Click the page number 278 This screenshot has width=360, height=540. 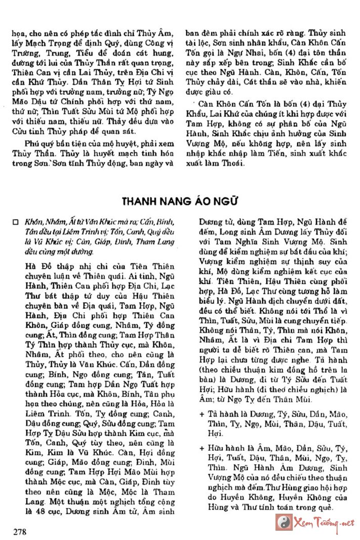click(20, 531)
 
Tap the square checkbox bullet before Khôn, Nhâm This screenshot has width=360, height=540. click(16, 222)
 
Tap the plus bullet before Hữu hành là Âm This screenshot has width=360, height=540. click(202, 448)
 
